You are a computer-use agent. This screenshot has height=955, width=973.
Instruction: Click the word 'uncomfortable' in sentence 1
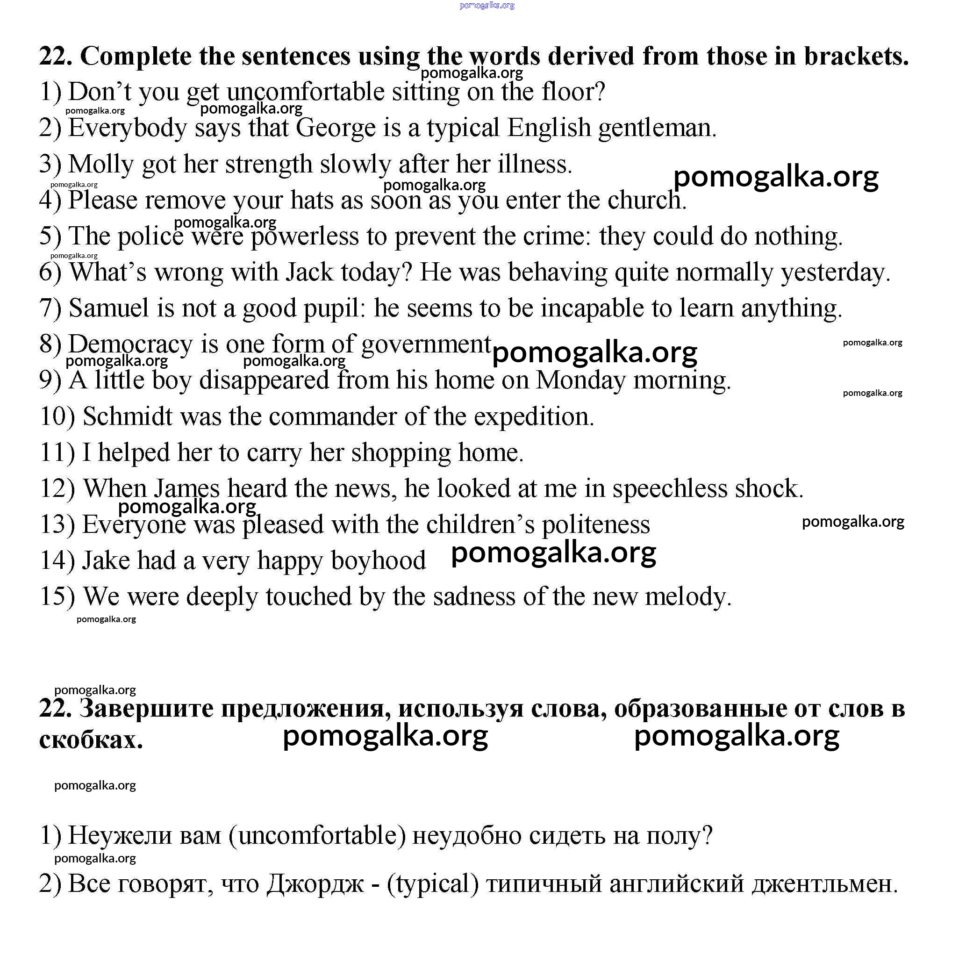[306, 92]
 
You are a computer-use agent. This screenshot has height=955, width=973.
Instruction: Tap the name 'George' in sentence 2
[336, 128]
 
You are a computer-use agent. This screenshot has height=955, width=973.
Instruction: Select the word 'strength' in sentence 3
[268, 165]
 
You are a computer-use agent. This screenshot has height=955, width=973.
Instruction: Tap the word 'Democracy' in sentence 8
[130, 345]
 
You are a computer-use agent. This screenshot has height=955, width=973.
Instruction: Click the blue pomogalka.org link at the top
[486, 6]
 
